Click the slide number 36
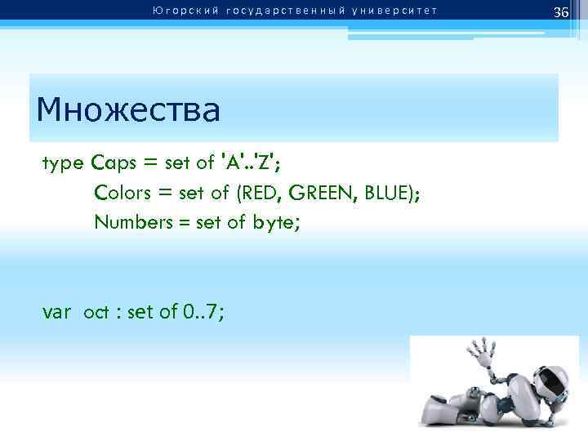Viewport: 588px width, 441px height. click(560, 12)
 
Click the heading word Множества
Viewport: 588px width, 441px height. click(128, 109)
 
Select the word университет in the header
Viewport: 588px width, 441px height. click(394, 11)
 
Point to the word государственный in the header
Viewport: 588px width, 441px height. click(276, 11)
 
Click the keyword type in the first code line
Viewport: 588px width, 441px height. click(63, 163)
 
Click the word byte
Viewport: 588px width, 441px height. click(275, 221)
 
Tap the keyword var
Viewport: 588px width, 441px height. click(58, 311)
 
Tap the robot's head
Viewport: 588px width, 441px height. click(548, 379)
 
